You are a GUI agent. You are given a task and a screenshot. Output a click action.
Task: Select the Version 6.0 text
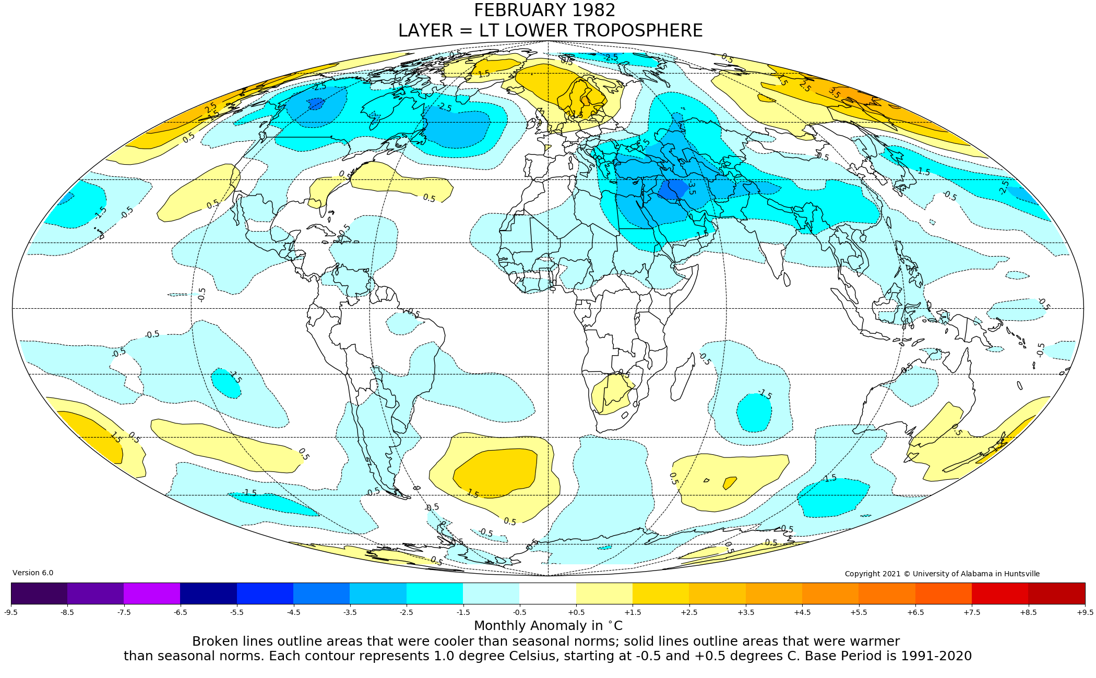pos(33,573)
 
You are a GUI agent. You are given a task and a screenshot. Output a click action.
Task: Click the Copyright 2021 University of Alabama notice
pos(942,574)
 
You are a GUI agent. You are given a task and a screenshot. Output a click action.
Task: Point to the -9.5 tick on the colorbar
pos(11,612)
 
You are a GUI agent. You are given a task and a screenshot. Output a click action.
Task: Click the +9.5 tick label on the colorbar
pos(1085,612)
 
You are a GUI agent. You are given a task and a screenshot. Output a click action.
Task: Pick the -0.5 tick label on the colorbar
pos(519,612)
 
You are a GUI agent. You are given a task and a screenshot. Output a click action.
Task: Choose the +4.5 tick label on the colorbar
pos(802,612)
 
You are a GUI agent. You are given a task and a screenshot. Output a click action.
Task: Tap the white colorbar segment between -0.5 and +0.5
pos(547,593)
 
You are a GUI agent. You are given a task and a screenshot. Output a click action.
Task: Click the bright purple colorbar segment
pos(152,593)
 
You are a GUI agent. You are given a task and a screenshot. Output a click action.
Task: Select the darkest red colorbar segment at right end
pos(1056,593)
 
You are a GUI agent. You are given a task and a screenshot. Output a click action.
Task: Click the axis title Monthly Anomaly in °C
pos(548,625)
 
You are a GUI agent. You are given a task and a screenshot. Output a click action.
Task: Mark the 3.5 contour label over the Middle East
pos(691,188)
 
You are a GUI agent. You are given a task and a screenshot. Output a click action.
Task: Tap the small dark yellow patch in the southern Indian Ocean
pos(730,482)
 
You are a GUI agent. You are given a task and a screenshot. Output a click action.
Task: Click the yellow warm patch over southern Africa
pos(611,394)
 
